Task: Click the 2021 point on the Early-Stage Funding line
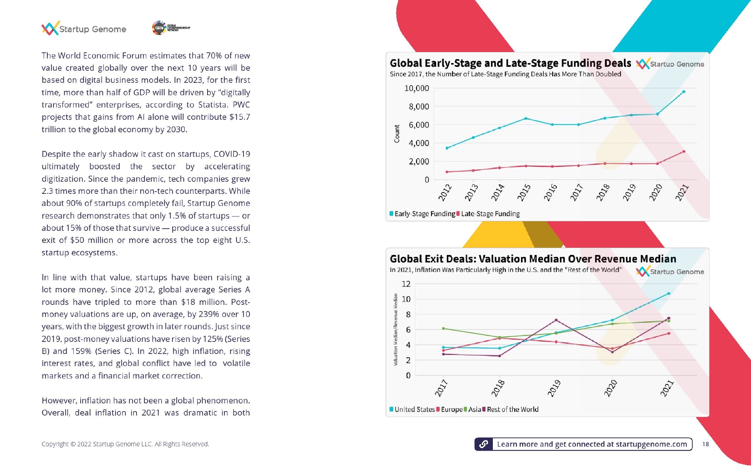(x=684, y=92)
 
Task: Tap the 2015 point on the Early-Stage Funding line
(x=526, y=118)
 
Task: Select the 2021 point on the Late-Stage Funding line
(x=684, y=151)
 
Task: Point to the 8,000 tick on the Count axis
(x=419, y=107)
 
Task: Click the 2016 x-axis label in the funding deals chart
(x=550, y=192)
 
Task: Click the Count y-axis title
(x=397, y=133)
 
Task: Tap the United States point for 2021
(x=669, y=293)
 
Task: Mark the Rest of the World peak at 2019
(x=556, y=320)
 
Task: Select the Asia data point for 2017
(x=443, y=328)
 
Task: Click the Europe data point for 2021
(x=669, y=333)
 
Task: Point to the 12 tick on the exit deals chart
(x=406, y=284)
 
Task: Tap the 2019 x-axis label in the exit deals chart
(x=554, y=388)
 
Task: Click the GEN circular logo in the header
(x=159, y=28)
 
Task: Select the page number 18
(x=706, y=444)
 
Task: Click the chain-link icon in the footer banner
(x=484, y=444)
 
